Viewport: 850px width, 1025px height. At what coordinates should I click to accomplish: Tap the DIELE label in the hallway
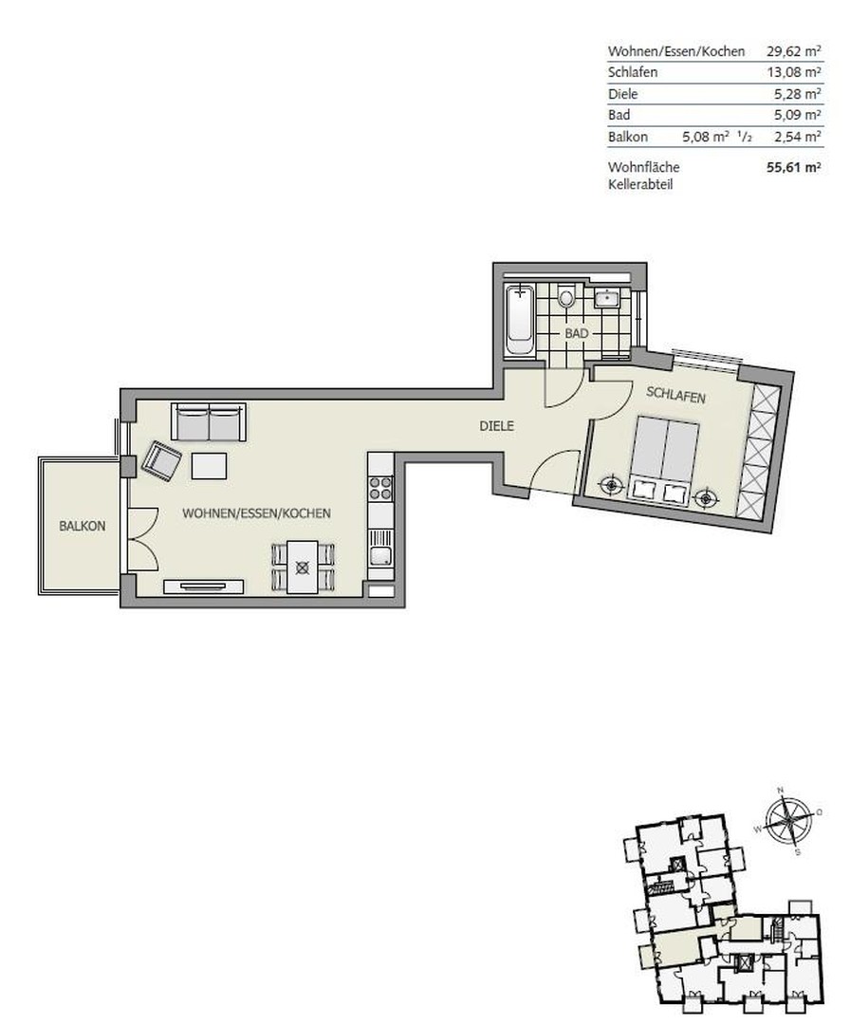[x=496, y=426]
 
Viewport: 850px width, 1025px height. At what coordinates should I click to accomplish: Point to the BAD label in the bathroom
[x=577, y=334]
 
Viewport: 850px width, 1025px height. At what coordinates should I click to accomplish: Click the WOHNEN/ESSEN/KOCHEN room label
[x=256, y=513]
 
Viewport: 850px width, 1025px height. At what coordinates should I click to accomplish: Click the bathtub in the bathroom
[x=519, y=318]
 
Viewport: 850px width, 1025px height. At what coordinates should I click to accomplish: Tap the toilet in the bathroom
[x=566, y=298]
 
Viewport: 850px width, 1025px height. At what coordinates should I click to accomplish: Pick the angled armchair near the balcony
[x=163, y=462]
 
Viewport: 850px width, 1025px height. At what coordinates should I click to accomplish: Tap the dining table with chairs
[x=303, y=567]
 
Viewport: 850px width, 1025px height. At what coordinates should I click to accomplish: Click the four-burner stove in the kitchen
[x=380, y=489]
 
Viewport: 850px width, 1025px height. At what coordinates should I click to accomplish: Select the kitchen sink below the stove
[x=380, y=556]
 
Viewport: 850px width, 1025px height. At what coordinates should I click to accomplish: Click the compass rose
[x=786, y=820]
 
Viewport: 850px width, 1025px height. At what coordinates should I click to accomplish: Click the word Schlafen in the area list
[x=633, y=73]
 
